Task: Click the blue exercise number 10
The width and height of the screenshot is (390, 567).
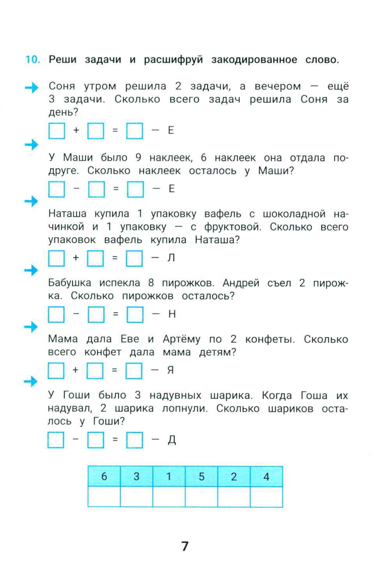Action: pos(33,60)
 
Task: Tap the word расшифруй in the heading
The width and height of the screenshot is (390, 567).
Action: pos(174,60)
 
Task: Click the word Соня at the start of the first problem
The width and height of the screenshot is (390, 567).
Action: pos(62,86)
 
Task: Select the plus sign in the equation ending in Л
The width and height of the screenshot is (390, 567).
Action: pos(76,257)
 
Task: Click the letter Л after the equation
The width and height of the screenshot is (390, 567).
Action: pos(171,258)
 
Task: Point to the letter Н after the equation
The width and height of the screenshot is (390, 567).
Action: pos(172,314)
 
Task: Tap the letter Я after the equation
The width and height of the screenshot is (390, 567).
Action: pos(170,370)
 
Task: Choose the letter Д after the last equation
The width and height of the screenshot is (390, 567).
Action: pos(172,439)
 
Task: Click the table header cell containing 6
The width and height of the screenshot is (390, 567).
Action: pos(104,477)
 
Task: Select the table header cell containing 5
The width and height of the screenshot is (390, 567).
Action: pos(202,477)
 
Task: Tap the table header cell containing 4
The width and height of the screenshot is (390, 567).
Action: pos(266,477)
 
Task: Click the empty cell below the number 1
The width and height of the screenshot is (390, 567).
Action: pos(169,497)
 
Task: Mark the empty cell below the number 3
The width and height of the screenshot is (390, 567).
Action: pos(136,497)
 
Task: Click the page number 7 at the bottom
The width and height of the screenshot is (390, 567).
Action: pos(185,546)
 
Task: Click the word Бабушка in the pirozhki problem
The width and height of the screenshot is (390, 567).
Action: pos(69,283)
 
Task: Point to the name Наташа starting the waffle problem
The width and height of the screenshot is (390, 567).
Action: pos(67,214)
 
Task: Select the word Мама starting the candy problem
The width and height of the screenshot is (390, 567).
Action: pos(63,339)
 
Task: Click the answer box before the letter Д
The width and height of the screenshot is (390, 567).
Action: pos(135,440)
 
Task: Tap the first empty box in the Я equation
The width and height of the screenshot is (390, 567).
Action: pos(56,370)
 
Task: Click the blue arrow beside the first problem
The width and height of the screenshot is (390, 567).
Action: pos(32,88)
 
